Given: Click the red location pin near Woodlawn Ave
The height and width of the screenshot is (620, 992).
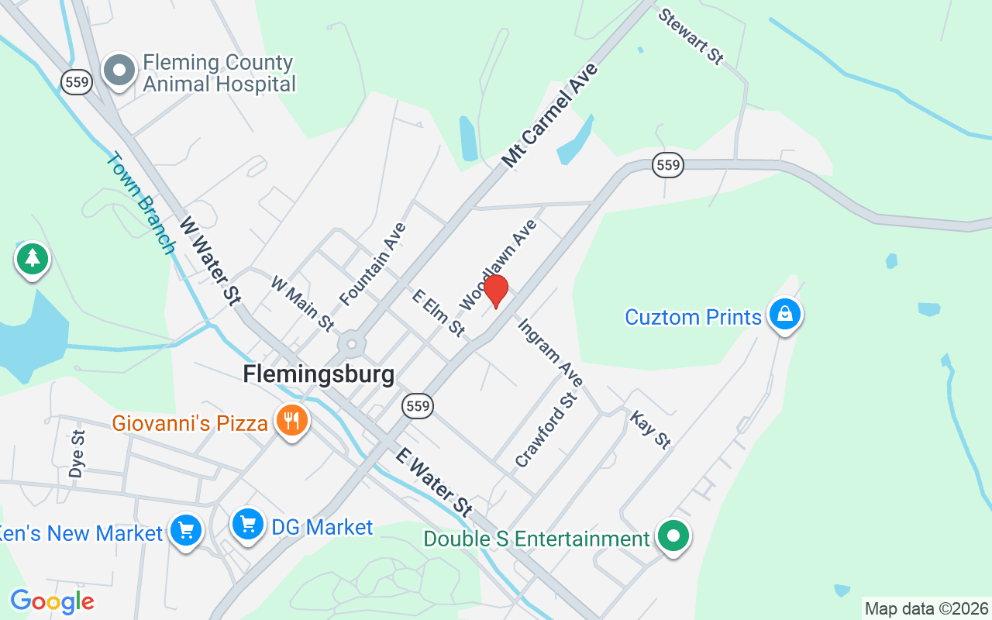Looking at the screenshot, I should coord(496,291).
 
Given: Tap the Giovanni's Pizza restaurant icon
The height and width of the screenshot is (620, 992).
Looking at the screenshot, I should coord(292,421).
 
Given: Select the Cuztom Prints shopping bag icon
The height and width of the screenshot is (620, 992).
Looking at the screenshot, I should coord(785,315).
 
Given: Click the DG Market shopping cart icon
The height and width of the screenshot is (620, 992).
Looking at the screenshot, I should coord(248,525).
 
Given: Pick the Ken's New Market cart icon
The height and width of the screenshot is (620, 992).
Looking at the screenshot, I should coord(186,531).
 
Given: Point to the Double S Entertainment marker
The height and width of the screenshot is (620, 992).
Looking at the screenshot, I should coord(673,536).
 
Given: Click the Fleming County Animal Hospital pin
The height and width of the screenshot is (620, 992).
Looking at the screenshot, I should coord(119,70).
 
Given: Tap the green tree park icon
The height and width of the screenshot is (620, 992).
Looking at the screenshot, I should coord(32,258).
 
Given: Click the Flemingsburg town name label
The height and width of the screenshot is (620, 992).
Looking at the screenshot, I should coord(319,374).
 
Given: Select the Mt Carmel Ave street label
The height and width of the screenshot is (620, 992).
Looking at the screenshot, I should coord(550,115).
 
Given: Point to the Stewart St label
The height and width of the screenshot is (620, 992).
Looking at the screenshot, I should coord(691,36).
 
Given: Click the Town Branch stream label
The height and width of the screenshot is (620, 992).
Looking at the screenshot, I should coord(140,202).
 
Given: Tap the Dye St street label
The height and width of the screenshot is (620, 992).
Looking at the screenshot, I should coord(76,453).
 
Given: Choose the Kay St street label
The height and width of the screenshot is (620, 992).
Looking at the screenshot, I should coord(649,430).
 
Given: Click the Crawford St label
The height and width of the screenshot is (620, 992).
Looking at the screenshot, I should coord(546,430).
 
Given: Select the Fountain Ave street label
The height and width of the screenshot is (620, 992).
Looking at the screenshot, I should coord(373,263).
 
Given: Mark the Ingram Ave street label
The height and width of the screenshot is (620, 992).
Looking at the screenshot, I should coord(550,353).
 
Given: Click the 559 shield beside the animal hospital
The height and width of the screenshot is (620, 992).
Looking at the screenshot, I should coord(77,82).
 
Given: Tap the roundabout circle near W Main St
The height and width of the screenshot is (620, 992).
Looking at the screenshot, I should coord(353,343).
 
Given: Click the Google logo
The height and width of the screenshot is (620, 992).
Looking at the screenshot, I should coord(52,601).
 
